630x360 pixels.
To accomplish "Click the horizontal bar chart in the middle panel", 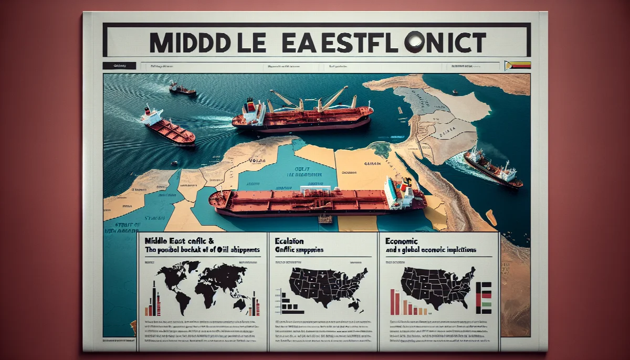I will (288, 304).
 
